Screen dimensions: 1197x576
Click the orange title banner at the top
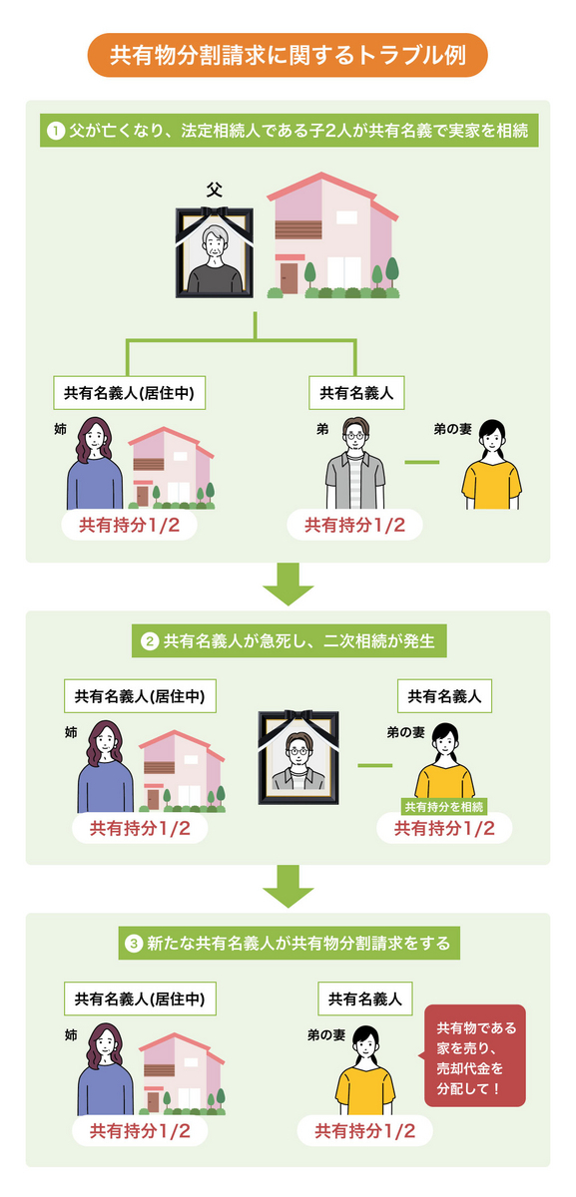288,56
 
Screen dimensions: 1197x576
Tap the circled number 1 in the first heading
56,131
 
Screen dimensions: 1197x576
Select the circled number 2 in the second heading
150,641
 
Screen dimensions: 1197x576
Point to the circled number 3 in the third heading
135,942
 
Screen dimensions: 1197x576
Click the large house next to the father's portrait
333,235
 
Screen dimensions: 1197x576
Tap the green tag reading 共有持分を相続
443,806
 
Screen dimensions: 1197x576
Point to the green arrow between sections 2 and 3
288,886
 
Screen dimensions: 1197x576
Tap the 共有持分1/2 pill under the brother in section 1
354,525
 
